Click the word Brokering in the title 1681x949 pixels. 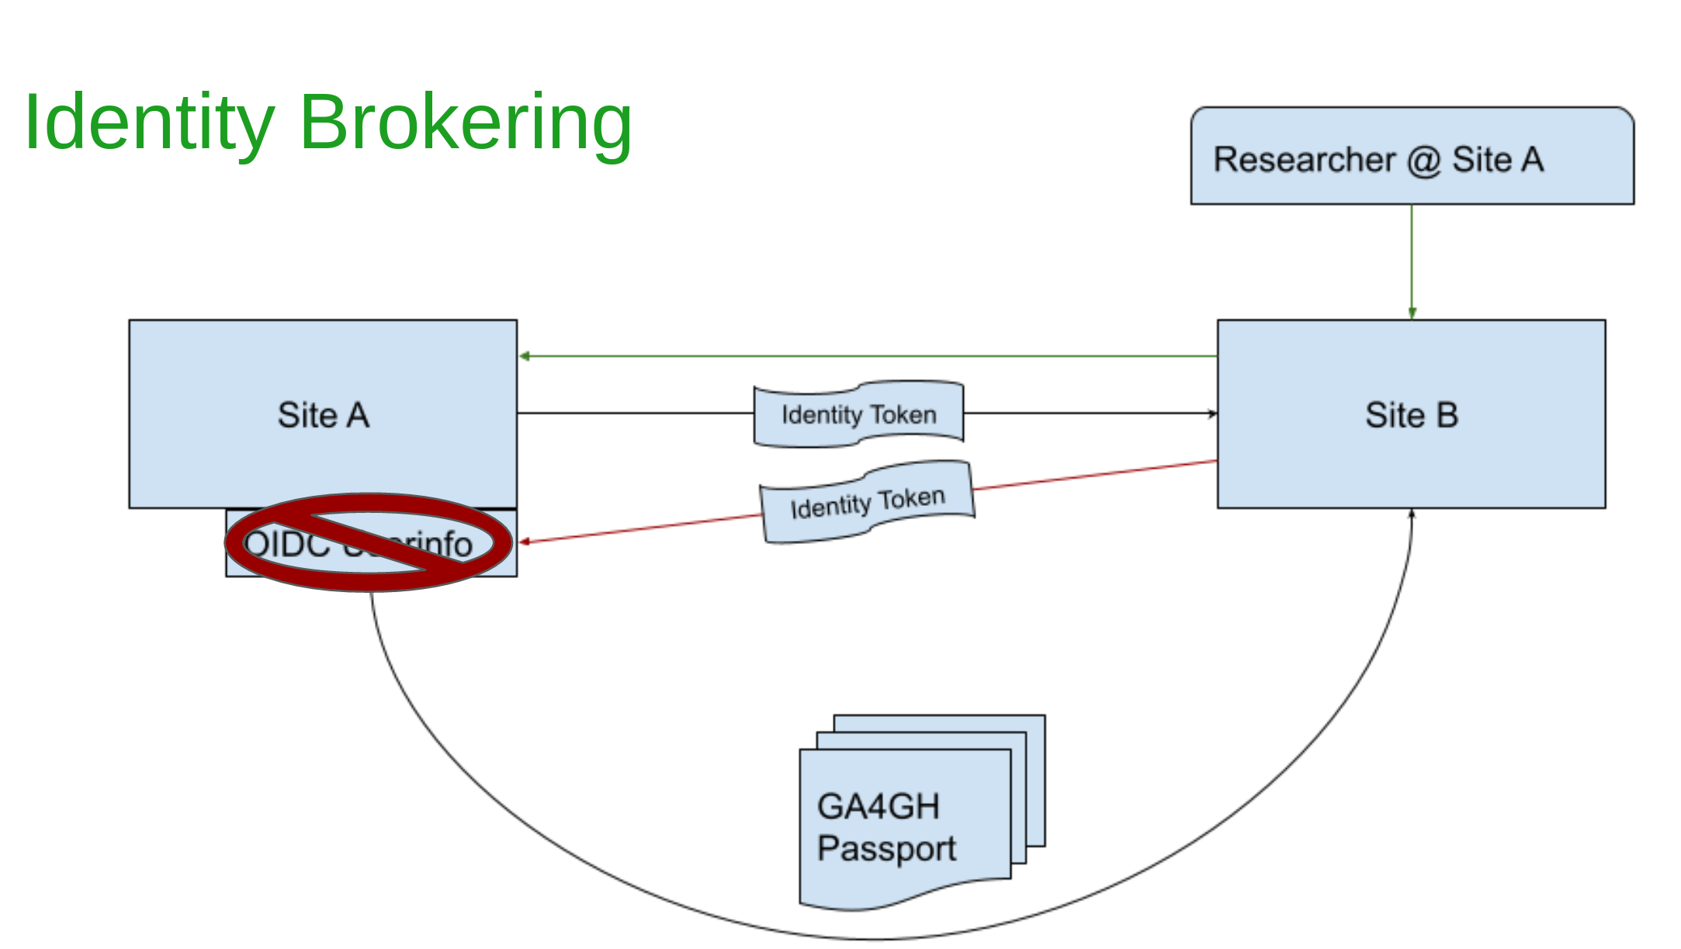[466, 123]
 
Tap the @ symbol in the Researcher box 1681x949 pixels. [1423, 161]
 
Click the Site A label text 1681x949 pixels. [323, 415]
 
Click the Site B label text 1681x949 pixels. [1411, 415]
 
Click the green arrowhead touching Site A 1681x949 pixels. [525, 356]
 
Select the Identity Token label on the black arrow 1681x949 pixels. [858, 414]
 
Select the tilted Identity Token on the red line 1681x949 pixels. [867, 503]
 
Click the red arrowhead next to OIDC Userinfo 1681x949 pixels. [525, 542]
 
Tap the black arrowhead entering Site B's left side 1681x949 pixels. [1212, 414]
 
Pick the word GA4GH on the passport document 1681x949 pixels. [878, 806]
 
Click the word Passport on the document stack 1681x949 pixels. [886, 848]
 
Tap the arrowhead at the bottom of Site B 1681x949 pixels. [1412, 514]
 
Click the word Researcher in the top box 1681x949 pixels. [1304, 160]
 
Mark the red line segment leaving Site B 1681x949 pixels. [1094, 475]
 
